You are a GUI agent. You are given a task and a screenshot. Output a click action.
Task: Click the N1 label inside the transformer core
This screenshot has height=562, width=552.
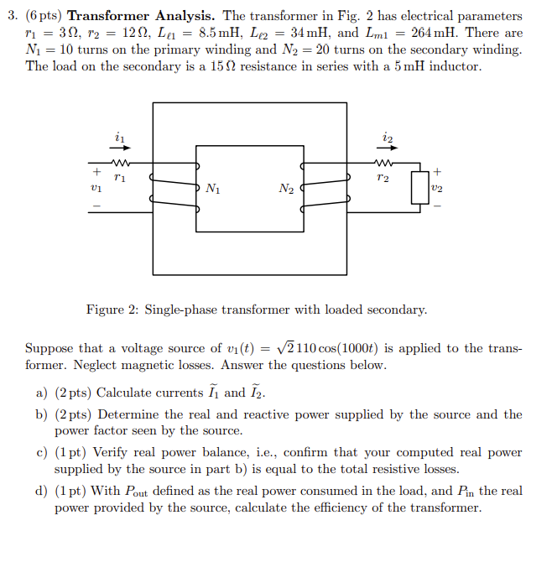click(x=213, y=189)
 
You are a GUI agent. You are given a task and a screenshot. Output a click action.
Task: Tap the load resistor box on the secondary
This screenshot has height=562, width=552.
click(x=417, y=188)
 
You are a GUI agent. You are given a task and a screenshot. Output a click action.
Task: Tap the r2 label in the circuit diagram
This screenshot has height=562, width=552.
click(x=385, y=178)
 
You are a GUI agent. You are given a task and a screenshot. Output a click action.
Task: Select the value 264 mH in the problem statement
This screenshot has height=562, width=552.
click(x=438, y=33)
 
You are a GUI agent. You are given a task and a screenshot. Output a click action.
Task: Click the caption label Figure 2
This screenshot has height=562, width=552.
click(x=112, y=310)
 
